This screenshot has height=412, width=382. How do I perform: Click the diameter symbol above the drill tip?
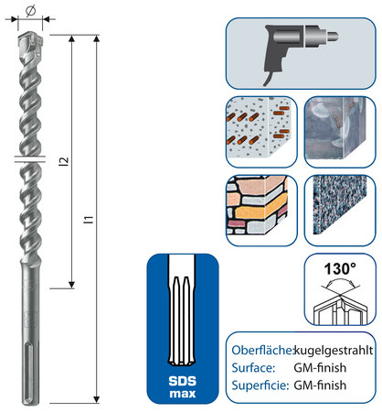coord(30,11)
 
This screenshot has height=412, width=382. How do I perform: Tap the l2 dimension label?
coord(64,161)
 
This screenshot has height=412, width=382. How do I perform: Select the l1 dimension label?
coord(89,220)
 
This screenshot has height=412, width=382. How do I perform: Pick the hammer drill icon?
coord(301,53)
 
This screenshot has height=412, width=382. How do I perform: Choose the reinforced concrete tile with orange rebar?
coord(261,132)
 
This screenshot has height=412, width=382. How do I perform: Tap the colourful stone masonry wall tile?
coord(261,211)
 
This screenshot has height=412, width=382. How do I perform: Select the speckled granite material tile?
coord(340,211)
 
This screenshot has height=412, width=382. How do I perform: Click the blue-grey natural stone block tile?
coord(340,132)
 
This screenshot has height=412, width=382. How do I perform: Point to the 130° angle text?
coord(340,269)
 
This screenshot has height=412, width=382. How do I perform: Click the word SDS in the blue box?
coord(183,381)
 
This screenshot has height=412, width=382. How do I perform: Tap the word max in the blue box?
coord(183,394)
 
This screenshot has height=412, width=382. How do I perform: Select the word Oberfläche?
coord(262,350)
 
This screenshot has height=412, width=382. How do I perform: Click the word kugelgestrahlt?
coord(334,351)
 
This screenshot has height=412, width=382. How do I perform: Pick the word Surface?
coord(253,368)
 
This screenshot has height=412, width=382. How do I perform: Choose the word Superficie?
coord(260,385)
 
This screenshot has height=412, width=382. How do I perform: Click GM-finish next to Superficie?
coord(320,385)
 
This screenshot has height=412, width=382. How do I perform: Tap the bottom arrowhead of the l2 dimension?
coord(71,285)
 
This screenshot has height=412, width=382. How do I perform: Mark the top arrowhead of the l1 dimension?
coord(96,38)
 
